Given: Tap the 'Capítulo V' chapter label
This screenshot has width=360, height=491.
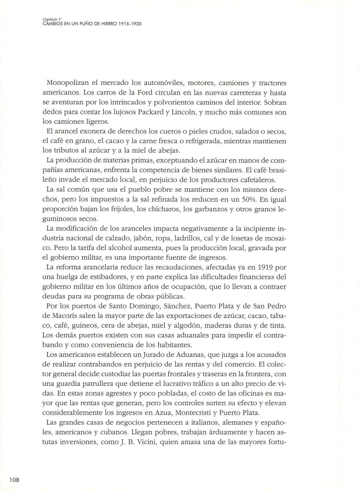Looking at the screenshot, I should [52, 19].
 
